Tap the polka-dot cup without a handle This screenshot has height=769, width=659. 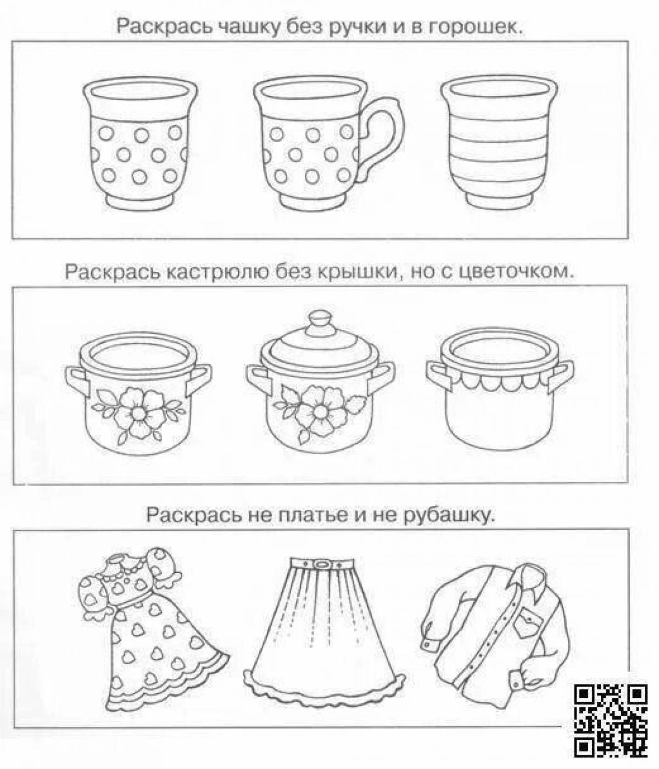pos(140,143)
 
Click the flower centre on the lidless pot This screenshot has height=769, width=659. pos(138,411)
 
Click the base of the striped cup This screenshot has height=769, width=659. pos(498,201)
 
